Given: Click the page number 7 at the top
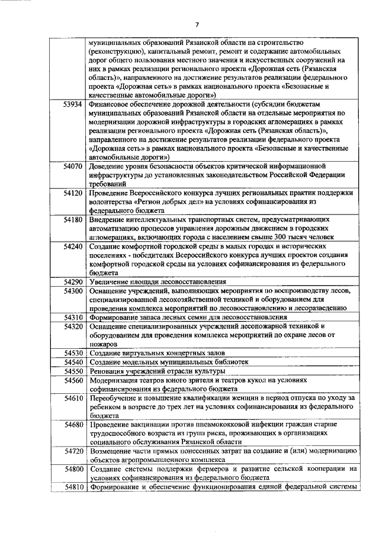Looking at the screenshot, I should (x=198, y=24).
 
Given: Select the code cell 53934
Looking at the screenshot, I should (x=72, y=104).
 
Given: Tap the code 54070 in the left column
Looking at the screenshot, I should (x=72, y=166).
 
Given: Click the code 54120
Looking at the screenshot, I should (x=72, y=193).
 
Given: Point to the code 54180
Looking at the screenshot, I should (x=72, y=220).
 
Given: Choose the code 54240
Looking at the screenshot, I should (x=72, y=246).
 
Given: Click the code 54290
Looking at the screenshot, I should (x=72, y=282).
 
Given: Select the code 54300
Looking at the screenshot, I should (x=72, y=291).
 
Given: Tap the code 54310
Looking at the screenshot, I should (x=72, y=317).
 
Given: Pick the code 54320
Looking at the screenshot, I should (x=72, y=326).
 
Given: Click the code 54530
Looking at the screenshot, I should (x=72, y=353).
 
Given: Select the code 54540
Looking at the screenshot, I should (x=72, y=362).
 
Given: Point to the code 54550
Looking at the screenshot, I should (x=72, y=371).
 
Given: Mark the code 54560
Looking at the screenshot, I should (x=72, y=380).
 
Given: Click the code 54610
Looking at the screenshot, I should (x=72, y=399).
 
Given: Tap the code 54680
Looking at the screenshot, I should (x=72, y=425).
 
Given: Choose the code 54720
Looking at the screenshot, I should (x=72, y=451).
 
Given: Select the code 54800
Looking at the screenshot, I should (x=72, y=469).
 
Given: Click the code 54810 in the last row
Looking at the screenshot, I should (x=72, y=487).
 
